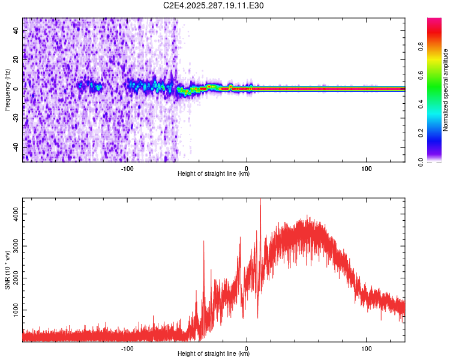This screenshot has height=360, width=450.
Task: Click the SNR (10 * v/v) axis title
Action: coord(8,269)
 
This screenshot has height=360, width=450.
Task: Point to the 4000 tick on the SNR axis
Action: coord(13,213)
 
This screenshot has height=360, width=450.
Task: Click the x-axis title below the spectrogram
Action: coord(214,174)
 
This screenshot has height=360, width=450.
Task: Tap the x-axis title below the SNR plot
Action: coord(214,354)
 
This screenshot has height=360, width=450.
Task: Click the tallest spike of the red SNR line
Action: coord(260,200)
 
